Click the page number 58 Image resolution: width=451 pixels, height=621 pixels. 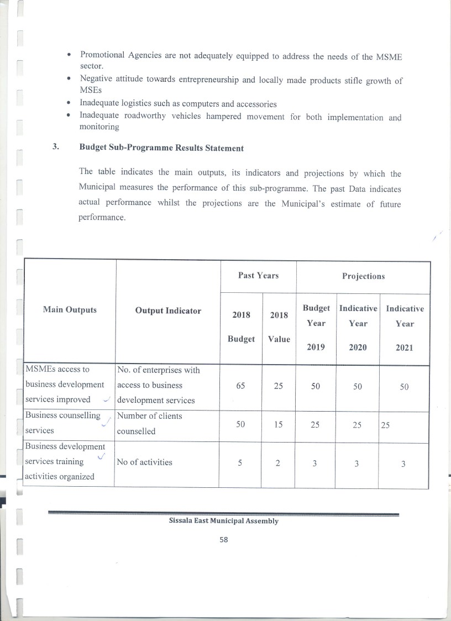point(224,540)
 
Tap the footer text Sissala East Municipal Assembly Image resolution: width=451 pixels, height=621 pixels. point(224,521)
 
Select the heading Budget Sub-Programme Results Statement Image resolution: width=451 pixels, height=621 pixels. point(161,148)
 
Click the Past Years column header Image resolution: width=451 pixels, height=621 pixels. point(258,275)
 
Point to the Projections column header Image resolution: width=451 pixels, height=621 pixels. point(363,276)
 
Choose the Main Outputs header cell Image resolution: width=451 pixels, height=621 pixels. point(70,310)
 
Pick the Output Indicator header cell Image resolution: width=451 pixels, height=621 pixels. point(168,310)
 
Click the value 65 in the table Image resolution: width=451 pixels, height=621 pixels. point(240,386)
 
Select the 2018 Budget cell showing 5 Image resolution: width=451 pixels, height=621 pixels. point(240,464)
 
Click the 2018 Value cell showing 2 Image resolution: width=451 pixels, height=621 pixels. point(278,464)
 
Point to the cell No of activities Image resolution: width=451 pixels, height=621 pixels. point(145,462)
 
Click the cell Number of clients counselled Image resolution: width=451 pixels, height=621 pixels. point(149,423)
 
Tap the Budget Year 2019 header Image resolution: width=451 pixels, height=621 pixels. point(316,327)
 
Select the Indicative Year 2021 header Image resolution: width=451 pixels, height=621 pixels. point(405,328)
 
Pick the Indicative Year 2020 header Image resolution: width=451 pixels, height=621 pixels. point(358,327)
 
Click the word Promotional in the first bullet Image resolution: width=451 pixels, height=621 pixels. point(104,55)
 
